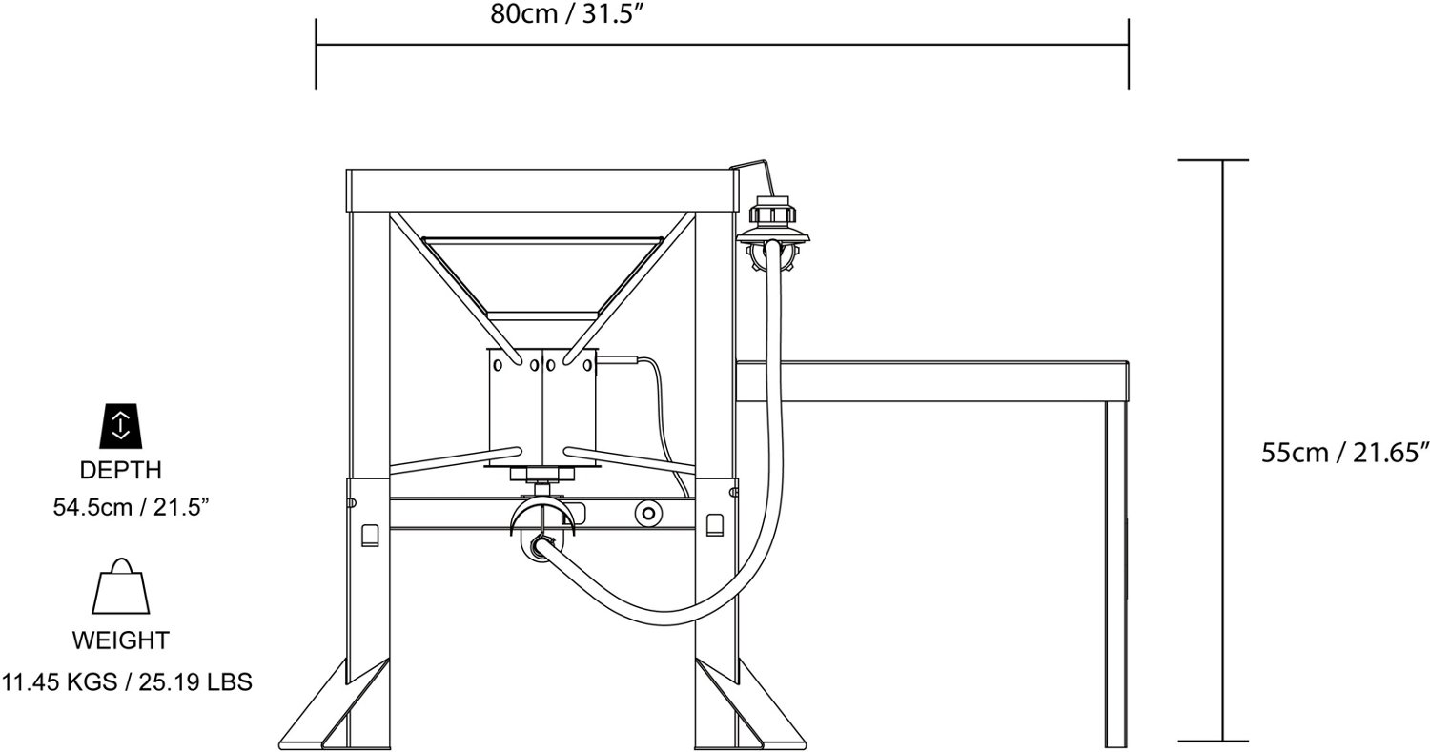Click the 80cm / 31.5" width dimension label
pyautogui.click(x=565, y=14)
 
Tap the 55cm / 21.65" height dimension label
pyautogui.click(x=1344, y=453)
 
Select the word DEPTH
pyautogui.click(x=121, y=470)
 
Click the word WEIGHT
pyautogui.click(x=121, y=640)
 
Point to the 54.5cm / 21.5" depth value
pyautogui.click(x=131, y=507)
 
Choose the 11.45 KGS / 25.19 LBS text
pyautogui.click(x=127, y=681)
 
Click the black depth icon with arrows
pyautogui.click(x=121, y=425)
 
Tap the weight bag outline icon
pyautogui.click(x=121, y=586)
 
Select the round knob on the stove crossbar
pyautogui.click(x=648, y=513)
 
